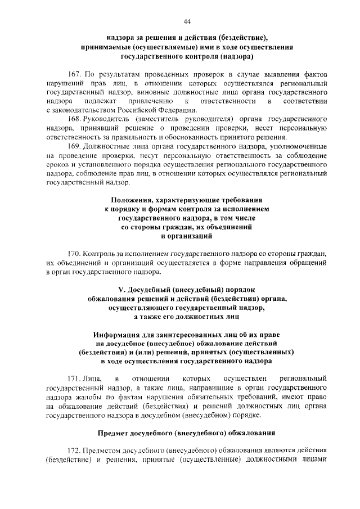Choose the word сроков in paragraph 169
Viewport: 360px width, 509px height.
point(57,165)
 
